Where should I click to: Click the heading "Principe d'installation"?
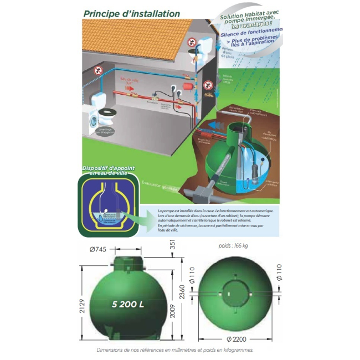point(131,13)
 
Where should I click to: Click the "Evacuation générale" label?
point(160,186)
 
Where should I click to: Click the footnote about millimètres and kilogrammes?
point(174,350)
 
